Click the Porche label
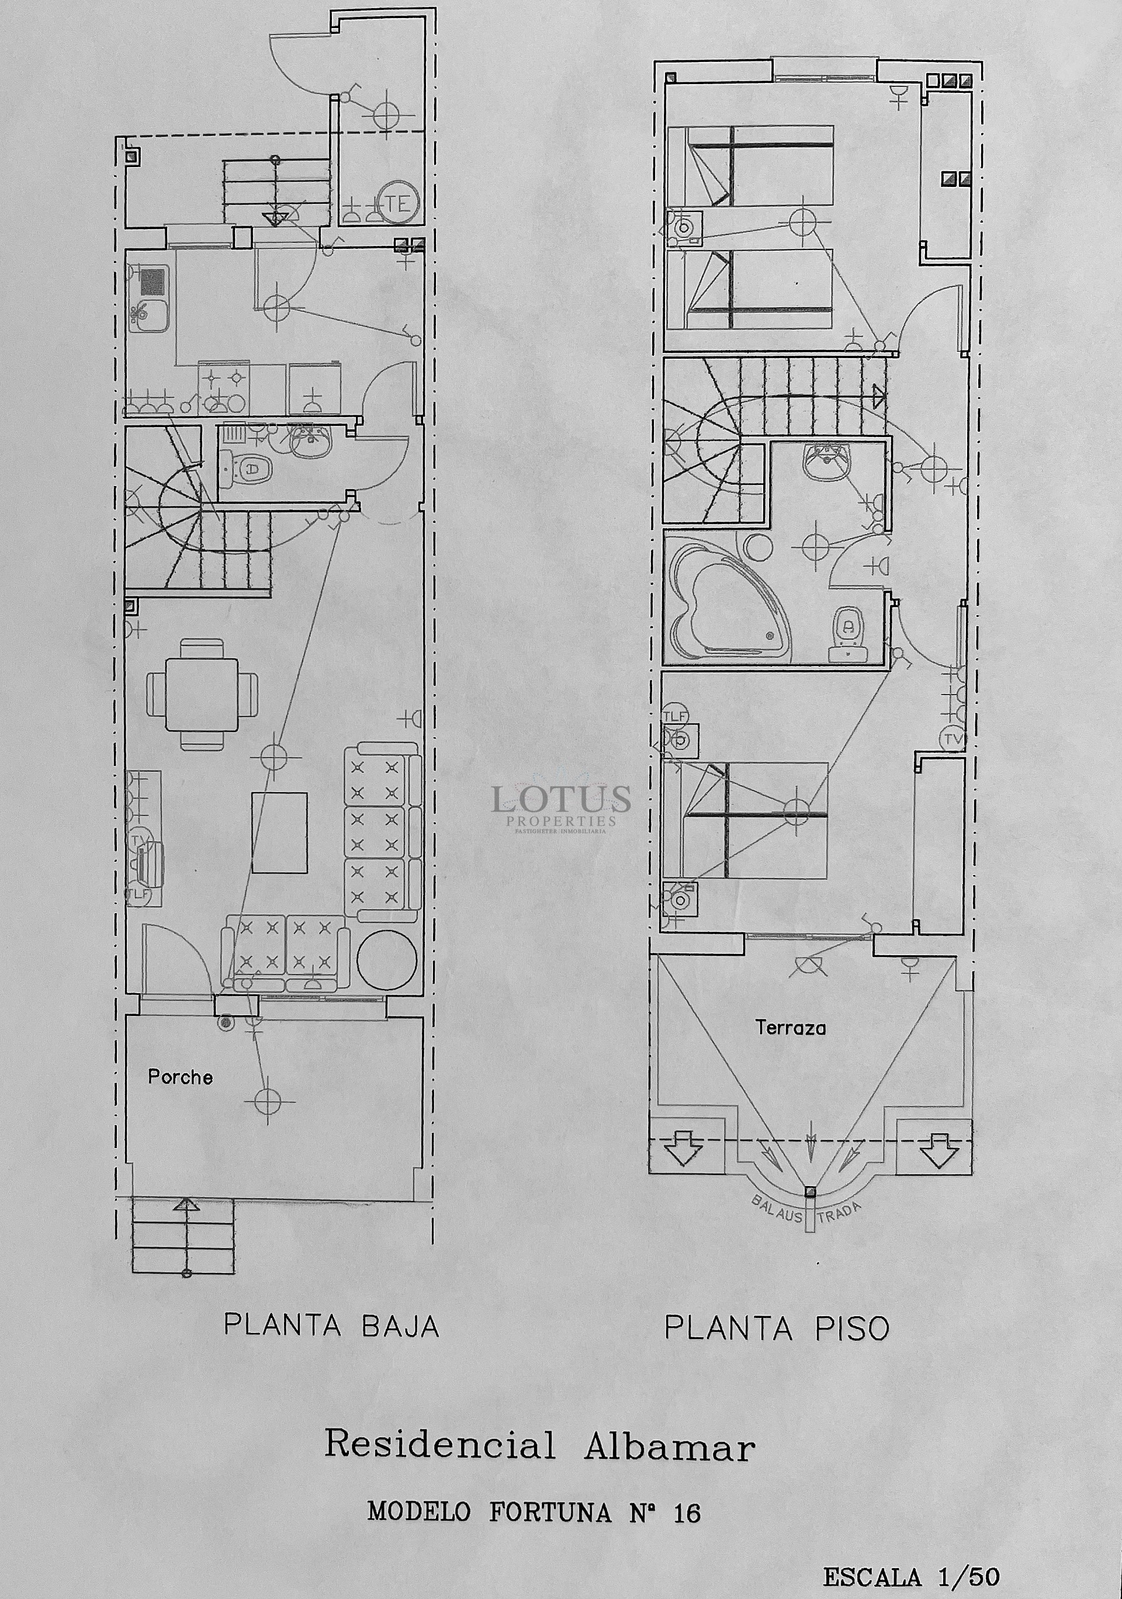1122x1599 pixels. click(x=179, y=1077)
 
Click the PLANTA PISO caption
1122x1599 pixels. click(x=777, y=1328)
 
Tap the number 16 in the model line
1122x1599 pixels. click(x=686, y=1513)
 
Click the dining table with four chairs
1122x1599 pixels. click(x=202, y=693)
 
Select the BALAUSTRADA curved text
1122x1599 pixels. click(x=806, y=1214)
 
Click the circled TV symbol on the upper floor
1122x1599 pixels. click(x=952, y=739)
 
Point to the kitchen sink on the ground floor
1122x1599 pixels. click(x=146, y=317)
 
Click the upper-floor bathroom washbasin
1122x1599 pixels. click(x=827, y=462)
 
